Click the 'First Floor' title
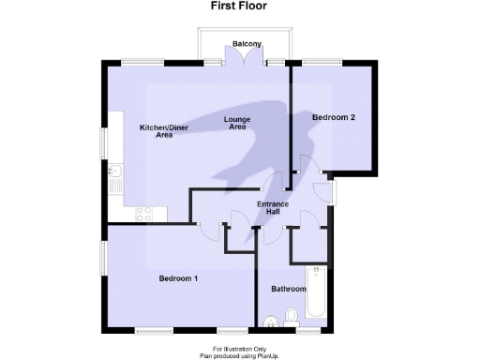pos(239,7)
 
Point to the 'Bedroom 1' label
pos(177,278)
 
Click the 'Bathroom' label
pos(289,290)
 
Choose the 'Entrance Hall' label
pos(273,207)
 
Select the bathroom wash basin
pos(271,324)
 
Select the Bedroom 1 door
pos(211,221)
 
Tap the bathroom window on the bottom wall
pos(307,330)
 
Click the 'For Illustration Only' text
pos(240,349)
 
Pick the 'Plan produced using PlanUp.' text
pos(240,356)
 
